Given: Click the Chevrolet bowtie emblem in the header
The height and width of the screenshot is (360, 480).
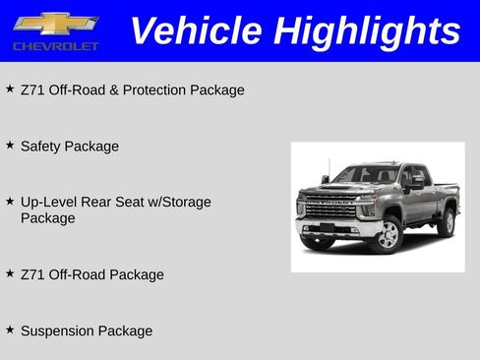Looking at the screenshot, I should point(55,23).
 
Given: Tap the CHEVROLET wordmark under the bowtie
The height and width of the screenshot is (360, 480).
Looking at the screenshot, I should point(55,46).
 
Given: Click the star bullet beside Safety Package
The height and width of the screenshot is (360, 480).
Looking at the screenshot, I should point(10,145).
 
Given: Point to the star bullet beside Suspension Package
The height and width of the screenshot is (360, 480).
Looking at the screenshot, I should point(10,330).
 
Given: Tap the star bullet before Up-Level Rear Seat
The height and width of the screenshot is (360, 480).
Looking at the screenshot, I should point(10,201).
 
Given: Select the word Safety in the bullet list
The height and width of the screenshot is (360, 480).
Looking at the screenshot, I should point(40,146).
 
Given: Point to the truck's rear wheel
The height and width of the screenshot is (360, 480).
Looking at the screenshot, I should point(448,222).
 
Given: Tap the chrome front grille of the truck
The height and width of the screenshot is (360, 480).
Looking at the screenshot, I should point(329,208).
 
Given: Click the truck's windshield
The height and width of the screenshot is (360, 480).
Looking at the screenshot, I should point(366,174).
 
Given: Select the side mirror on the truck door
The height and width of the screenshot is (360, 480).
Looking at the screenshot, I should point(416,182).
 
